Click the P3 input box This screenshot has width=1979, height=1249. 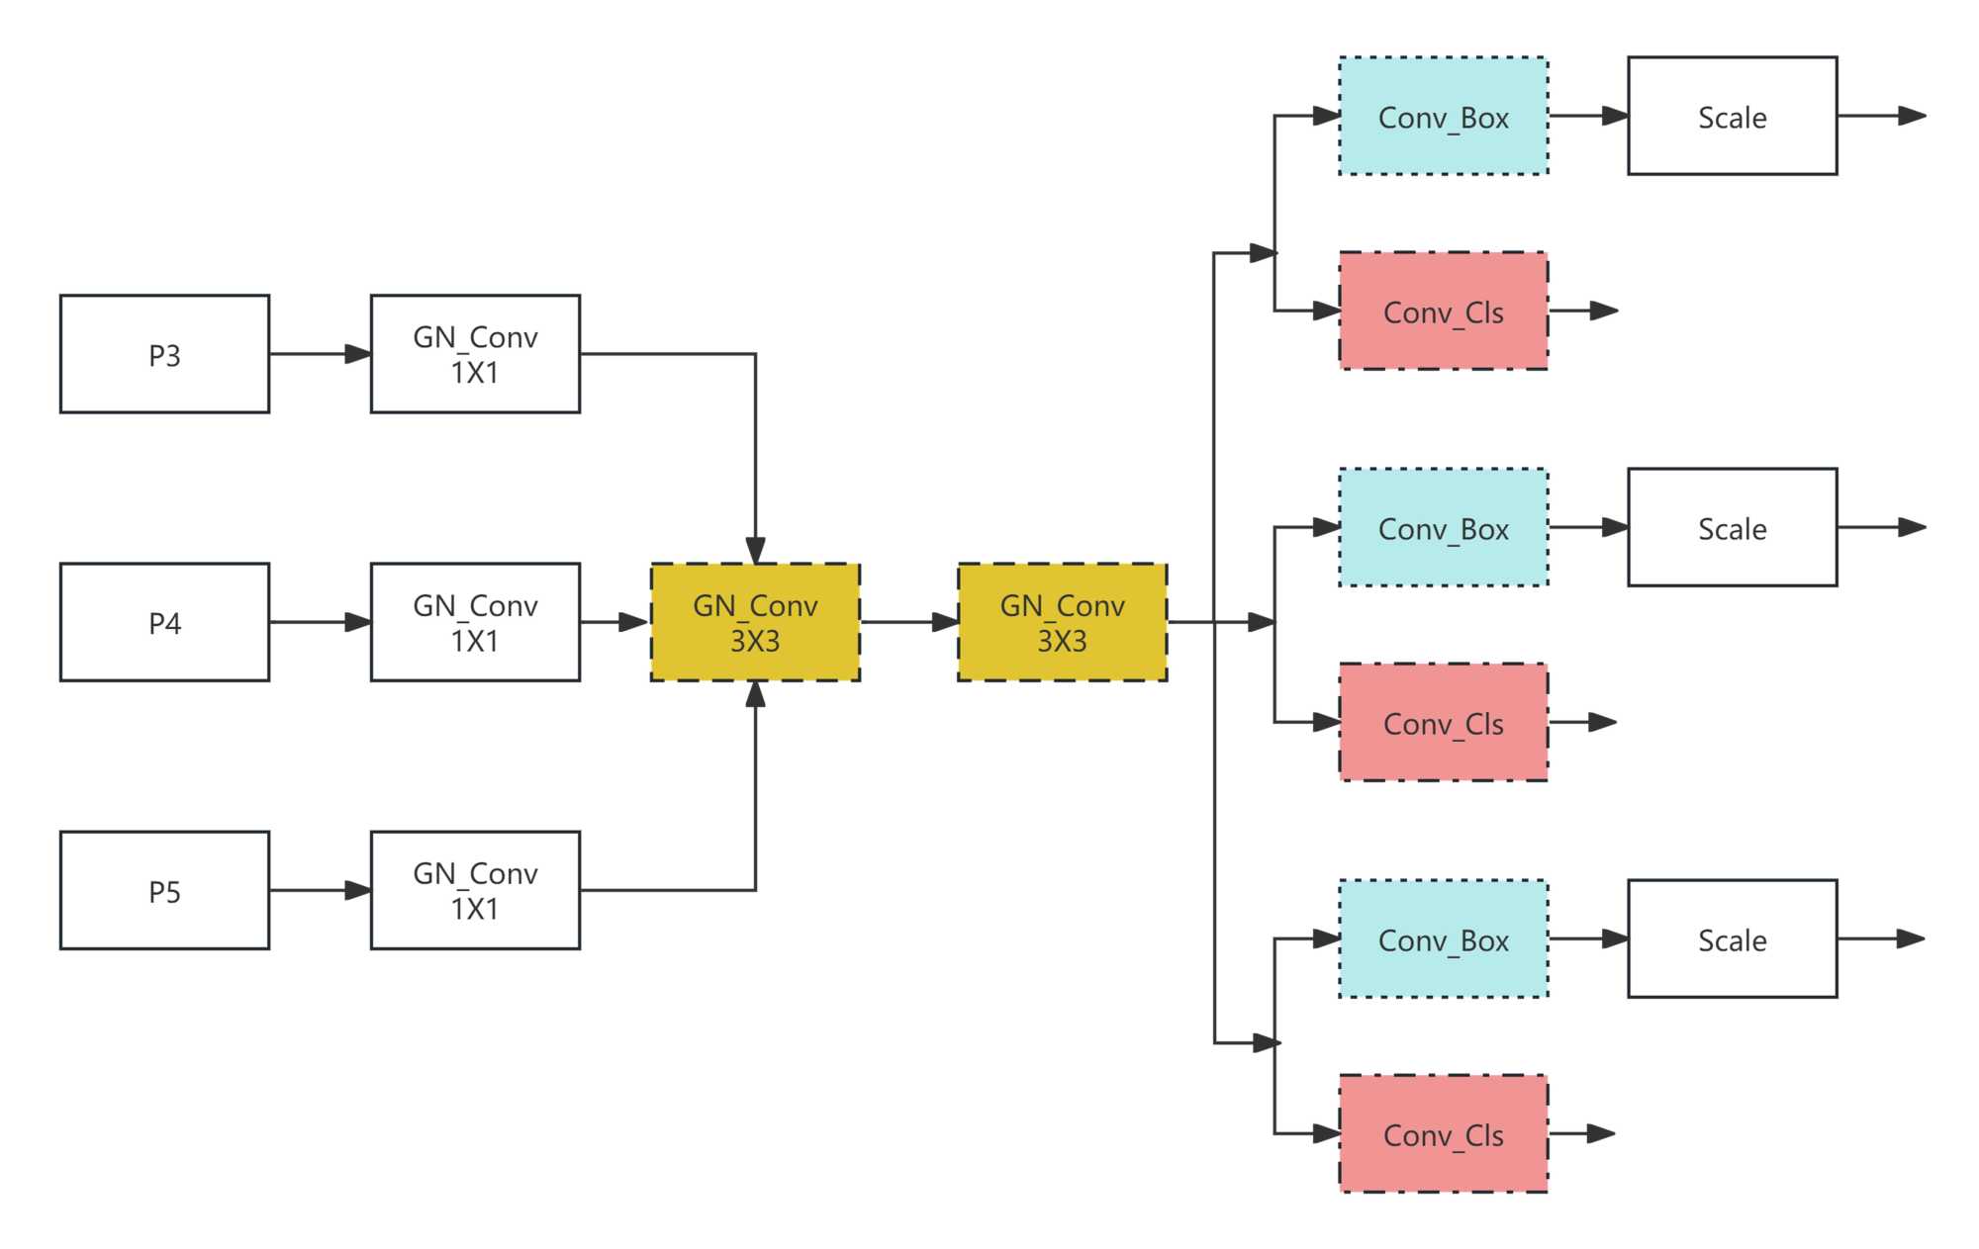(164, 354)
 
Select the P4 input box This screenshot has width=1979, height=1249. (164, 622)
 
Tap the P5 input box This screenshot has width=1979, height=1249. (164, 890)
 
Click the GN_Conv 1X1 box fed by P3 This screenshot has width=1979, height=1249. (475, 354)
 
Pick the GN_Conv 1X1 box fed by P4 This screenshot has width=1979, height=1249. (475, 622)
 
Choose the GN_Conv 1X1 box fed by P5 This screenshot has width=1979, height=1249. (475, 890)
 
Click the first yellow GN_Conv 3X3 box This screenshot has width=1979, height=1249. (755, 622)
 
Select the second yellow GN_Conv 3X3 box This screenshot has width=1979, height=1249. (1062, 622)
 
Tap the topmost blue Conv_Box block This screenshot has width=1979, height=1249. (1443, 116)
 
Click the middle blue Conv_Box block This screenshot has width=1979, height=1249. (1443, 527)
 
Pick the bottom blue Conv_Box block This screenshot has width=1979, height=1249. (1443, 938)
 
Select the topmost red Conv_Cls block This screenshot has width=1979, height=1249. (1443, 311)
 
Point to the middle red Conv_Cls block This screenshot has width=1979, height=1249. (1443, 722)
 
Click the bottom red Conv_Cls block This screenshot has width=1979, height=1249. (1443, 1133)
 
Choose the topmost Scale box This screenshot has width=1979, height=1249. (1732, 116)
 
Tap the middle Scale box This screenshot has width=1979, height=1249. (1732, 527)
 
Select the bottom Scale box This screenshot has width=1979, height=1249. (1732, 938)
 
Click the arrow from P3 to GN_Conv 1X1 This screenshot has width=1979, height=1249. (320, 354)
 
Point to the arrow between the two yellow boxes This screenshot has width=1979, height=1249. (908, 622)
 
